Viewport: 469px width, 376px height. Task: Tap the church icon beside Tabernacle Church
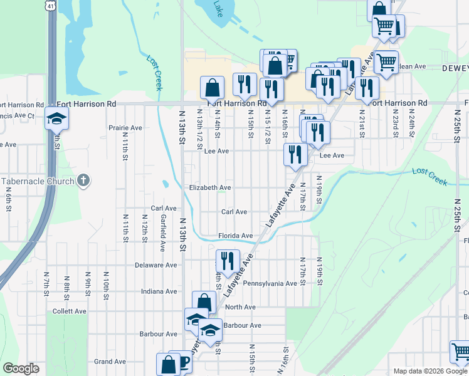coord(83,182)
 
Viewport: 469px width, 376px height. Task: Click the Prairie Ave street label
coord(125,128)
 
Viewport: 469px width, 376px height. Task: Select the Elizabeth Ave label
coord(210,187)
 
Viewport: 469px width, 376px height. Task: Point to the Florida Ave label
coord(235,236)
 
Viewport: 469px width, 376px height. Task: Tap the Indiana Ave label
coord(159,291)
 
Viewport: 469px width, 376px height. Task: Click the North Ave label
coord(240,307)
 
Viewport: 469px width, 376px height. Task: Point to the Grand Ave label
coord(110,362)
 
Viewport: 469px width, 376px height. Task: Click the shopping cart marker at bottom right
coord(460,352)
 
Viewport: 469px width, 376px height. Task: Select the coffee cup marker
coord(182,362)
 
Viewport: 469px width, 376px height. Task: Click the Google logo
coord(21,368)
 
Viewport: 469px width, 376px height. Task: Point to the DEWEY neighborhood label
coord(455,68)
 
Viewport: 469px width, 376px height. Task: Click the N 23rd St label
coord(396,123)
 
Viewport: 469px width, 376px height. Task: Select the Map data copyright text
coord(429,371)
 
